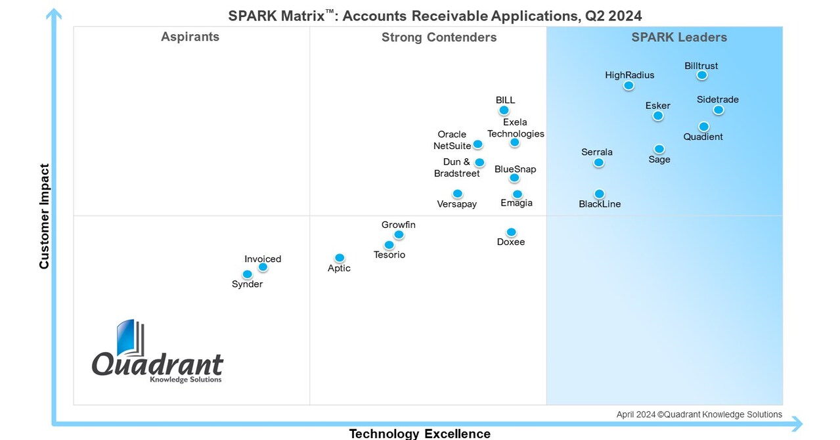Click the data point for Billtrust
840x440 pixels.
701,76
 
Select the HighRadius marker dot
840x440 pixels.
629,85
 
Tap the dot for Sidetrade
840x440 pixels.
718,110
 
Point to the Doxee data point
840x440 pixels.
511,232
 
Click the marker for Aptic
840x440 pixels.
339,258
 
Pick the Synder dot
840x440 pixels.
248,275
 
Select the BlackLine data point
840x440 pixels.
599,194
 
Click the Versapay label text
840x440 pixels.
456,204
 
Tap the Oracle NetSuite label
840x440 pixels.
452,141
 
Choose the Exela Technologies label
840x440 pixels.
516,128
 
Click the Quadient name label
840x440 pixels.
703,137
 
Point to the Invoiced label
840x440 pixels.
263,259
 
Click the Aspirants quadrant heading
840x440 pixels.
190,37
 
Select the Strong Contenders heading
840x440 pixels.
439,37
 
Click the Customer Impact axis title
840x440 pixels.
45,217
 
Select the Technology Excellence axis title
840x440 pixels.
419,433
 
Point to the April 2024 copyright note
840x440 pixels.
699,414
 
